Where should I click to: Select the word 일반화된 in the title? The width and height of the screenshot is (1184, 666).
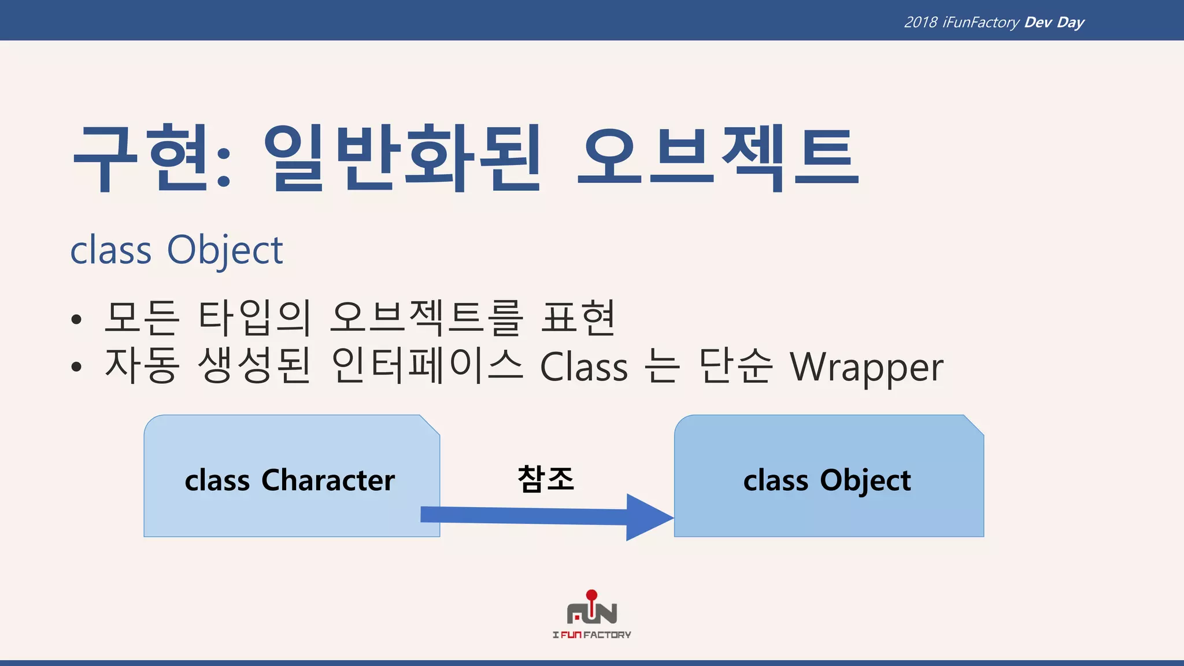402,157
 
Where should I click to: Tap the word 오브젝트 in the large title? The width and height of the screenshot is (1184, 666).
718,157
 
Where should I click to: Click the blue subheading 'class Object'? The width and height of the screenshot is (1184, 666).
176,250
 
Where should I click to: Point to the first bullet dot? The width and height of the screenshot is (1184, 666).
76,320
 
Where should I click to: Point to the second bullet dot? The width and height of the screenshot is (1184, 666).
76,367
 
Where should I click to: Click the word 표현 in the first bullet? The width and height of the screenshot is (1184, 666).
578,318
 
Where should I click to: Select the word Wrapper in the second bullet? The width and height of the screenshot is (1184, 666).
866,368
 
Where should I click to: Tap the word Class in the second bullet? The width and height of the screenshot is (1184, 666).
583,368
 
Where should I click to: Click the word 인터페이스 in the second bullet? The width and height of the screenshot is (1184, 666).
427,366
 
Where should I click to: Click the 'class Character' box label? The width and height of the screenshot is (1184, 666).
290,480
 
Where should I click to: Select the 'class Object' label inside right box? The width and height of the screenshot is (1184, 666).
827,481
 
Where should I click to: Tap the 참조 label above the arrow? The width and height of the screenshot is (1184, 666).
546,479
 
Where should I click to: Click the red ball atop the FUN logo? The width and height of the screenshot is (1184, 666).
591,595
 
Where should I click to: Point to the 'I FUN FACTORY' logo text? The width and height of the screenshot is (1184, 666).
591,635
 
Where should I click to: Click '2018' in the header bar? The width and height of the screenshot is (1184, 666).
920,23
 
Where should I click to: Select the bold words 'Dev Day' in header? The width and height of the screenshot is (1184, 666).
1054,23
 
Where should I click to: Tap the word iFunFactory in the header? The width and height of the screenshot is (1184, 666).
980,23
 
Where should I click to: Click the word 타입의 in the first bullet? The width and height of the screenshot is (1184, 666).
254,318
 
